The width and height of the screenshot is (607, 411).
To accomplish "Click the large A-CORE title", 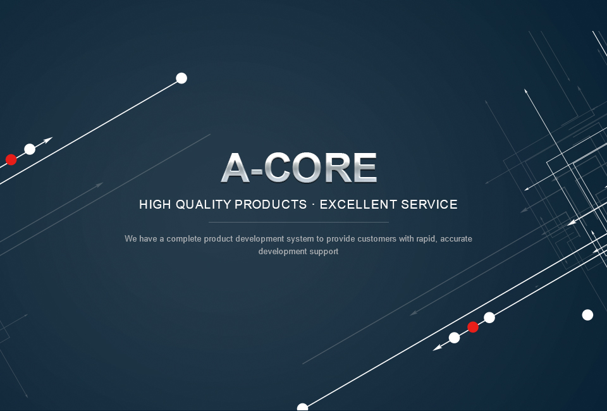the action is [299, 168].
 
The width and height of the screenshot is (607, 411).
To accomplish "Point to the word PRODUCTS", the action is [271, 204].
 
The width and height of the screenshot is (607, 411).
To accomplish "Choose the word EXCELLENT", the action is [358, 204].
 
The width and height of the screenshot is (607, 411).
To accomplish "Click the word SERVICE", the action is [429, 204].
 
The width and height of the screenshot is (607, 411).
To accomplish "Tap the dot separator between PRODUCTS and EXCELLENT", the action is [313, 205].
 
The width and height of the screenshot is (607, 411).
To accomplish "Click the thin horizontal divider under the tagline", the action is [298, 222].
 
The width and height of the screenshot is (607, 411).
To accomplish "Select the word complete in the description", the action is [184, 239].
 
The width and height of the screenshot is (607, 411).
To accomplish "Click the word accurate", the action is [456, 239].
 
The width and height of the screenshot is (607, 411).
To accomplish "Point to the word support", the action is [324, 252].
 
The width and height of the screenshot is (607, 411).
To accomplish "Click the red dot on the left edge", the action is [11, 159].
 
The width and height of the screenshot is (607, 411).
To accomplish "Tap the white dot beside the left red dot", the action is [30, 149].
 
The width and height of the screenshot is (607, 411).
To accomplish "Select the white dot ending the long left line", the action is [181, 78].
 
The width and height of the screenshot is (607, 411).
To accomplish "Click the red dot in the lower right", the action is [473, 327].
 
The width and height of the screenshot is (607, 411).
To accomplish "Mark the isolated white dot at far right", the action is [587, 315].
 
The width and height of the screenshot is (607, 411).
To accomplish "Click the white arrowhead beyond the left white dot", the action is [47, 140].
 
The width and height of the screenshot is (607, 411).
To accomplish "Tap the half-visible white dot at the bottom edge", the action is [302, 407].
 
